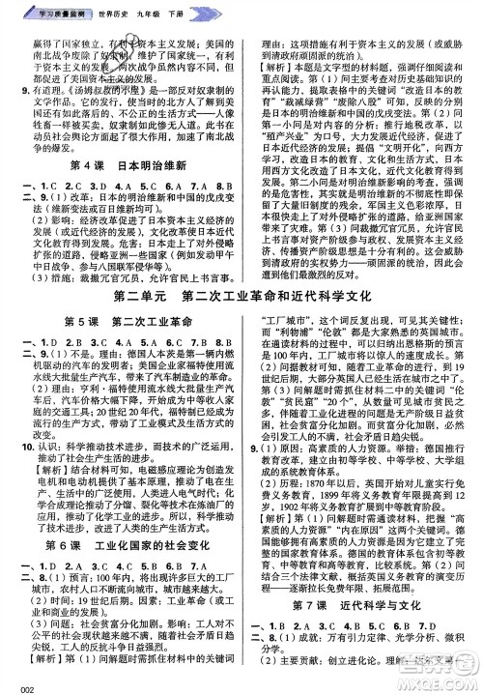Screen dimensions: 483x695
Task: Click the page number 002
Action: click(17, 686)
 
